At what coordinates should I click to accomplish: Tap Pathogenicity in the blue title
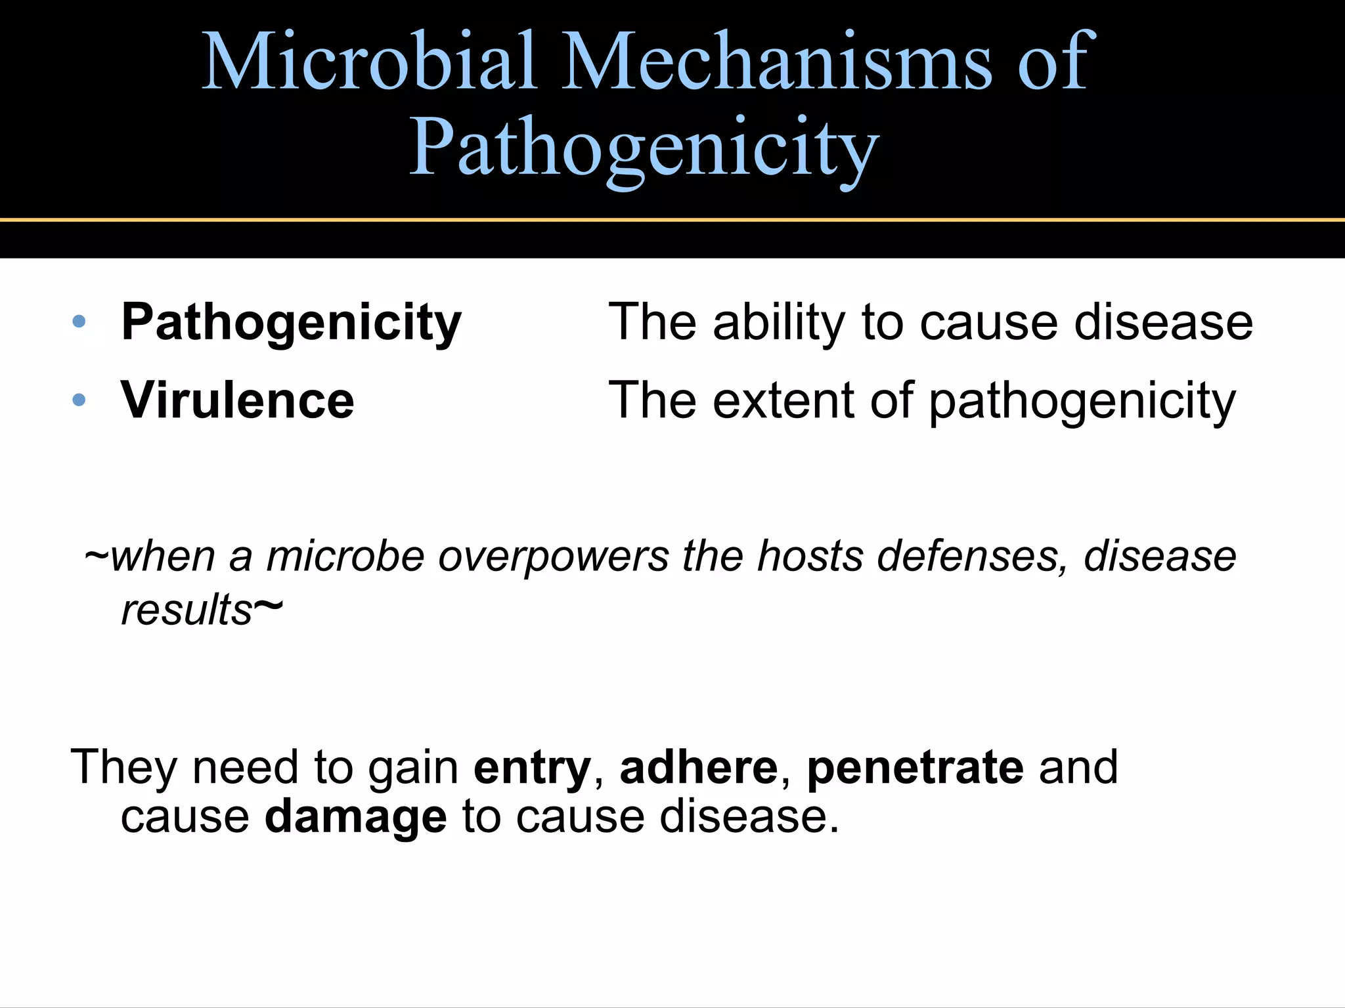point(644,148)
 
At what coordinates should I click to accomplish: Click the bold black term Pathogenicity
point(292,323)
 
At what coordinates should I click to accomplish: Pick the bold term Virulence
point(237,400)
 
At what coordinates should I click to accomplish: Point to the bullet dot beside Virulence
point(79,400)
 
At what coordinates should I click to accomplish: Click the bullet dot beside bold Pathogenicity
point(79,322)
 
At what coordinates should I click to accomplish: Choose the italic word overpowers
point(553,556)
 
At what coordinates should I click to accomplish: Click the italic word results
point(187,610)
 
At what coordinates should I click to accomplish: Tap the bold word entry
point(532,767)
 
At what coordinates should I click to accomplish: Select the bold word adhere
point(699,767)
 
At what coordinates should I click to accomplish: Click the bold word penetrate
point(915,767)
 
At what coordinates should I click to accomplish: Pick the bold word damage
point(355,816)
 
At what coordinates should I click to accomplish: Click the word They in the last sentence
point(123,767)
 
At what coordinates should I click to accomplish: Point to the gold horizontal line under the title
point(672,220)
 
